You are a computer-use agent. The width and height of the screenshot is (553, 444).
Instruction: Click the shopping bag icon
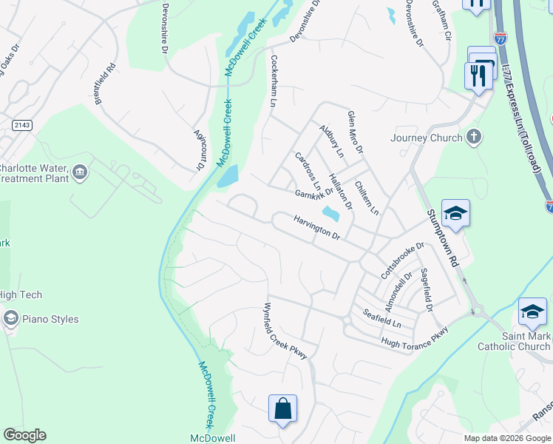click(x=282, y=408)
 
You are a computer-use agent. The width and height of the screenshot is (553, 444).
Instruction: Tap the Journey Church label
click(x=427, y=138)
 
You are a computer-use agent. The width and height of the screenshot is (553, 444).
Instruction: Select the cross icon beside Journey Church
click(x=475, y=137)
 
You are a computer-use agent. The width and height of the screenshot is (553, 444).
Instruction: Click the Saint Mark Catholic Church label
click(x=514, y=341)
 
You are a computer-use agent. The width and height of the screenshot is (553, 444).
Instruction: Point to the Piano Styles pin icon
click(x=10, y=319)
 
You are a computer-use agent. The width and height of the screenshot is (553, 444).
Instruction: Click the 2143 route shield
click(x=21, y=125)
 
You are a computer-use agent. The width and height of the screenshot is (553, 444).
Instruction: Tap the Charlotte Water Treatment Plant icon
click(x=80, y=173)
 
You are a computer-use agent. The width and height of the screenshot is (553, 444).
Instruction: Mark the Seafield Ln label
click(x=381, y=319)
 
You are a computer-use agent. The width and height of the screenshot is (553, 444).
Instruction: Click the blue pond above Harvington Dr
click(x=330, y=214)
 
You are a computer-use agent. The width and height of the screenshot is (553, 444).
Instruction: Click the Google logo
click(x=24, y=435)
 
